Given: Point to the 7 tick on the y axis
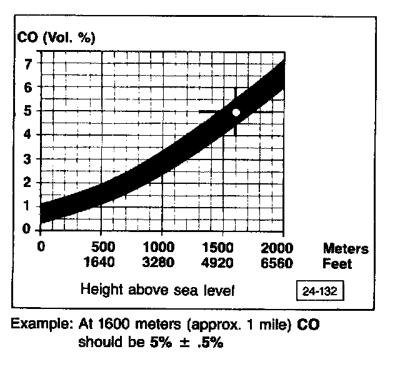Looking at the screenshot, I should [27, 63].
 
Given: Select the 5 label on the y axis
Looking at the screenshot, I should [27, 111].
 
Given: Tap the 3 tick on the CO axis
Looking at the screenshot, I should [27, 158].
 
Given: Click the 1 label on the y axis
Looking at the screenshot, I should [27, 206].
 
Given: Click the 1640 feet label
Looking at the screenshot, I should [101, 262].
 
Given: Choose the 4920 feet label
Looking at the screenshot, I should [221, 262].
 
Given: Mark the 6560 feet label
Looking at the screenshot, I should [276, 262].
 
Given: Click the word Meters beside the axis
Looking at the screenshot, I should [346, 249].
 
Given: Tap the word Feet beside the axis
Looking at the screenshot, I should [337, 264].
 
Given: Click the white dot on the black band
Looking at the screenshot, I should [236, 113].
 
